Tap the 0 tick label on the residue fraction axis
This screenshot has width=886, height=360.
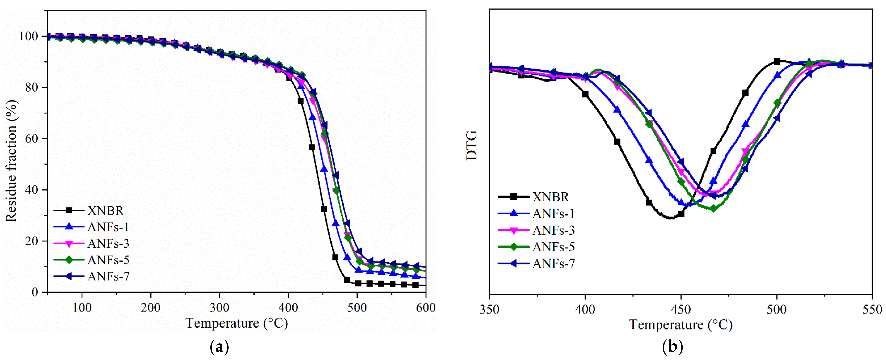[35, 292]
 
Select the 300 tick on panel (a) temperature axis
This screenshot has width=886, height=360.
[219, 307]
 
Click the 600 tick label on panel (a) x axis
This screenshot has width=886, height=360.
[426, 307]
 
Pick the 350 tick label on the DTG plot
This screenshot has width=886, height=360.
[489, 310]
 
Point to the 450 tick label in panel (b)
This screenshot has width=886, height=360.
[681, 310]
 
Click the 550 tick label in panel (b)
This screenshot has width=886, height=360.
[872, 310]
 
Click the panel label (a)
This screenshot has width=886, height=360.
[219, 347]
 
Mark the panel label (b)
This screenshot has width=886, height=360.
[672, 347]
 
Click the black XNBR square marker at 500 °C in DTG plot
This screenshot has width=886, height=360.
[777, 61]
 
